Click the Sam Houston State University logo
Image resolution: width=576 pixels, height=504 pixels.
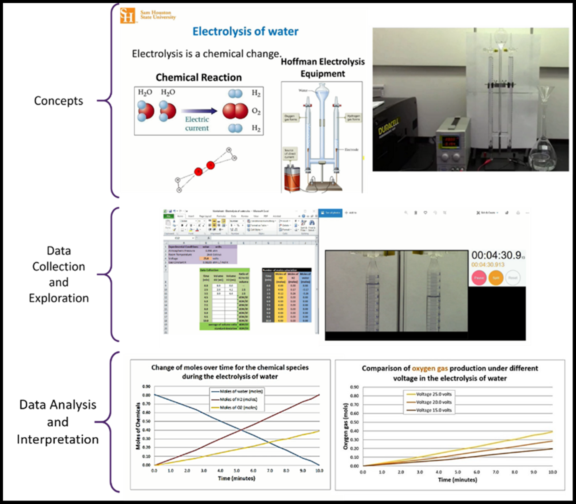click(x=148, y=15)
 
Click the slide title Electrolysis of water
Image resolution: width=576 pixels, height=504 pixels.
click(x=245, y=31)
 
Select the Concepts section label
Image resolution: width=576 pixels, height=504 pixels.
click(x=58, y=101)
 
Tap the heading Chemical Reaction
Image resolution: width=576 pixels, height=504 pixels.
click(x=199, y=77)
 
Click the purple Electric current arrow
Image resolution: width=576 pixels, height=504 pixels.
click(x=199, y=111)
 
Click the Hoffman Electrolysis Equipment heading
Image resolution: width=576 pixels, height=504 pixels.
click(x=323, y=68)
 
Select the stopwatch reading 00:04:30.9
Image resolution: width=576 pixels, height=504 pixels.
click(x=497, y=255)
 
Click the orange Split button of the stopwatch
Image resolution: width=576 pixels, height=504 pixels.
click(x=496, y=278)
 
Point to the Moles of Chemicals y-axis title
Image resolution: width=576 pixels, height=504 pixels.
click(x=138, y=426)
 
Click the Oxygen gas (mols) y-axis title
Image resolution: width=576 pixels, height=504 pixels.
click(x=345, y=427)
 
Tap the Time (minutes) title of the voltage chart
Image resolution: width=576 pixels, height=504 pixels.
click(x=457, y=479)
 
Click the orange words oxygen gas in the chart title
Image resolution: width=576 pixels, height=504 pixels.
click(x=430, y=368)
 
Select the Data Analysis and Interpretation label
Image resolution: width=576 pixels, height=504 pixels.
click(x=58, y=422)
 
